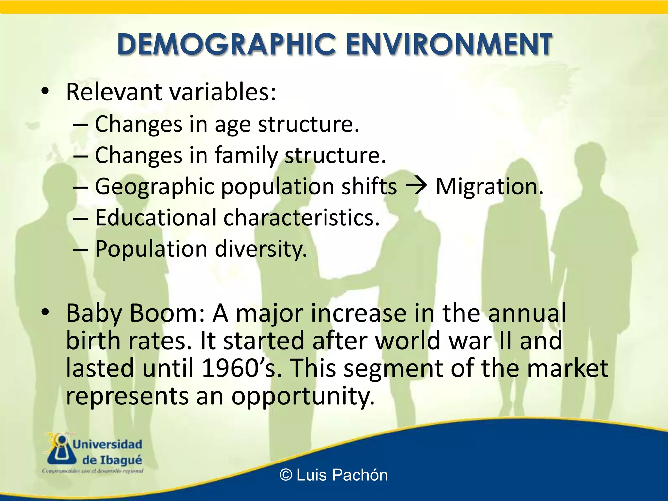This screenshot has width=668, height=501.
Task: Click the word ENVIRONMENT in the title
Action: (x=448, y=44)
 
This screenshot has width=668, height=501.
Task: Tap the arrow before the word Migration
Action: (x=416, y=187)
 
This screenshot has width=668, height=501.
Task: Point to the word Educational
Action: (x=156, y=217)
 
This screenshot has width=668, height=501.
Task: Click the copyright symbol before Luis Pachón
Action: (x=286, y=475)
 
